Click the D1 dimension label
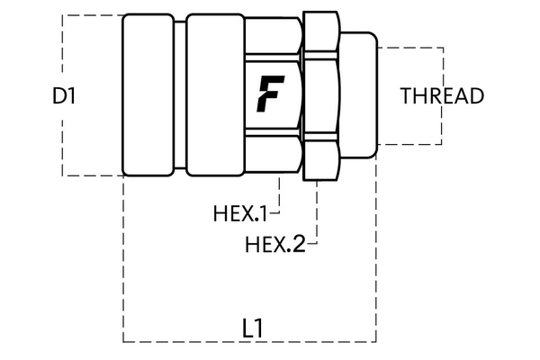click(63, 95)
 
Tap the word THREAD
click(443, 95)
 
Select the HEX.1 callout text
click(240, 214)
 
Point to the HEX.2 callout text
click(275, 243)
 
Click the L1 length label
click(253, 328)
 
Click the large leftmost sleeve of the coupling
click(148, 94)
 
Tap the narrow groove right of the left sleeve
click(181, 94)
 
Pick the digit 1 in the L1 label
click(259, 328)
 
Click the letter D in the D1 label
click(58, 95)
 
